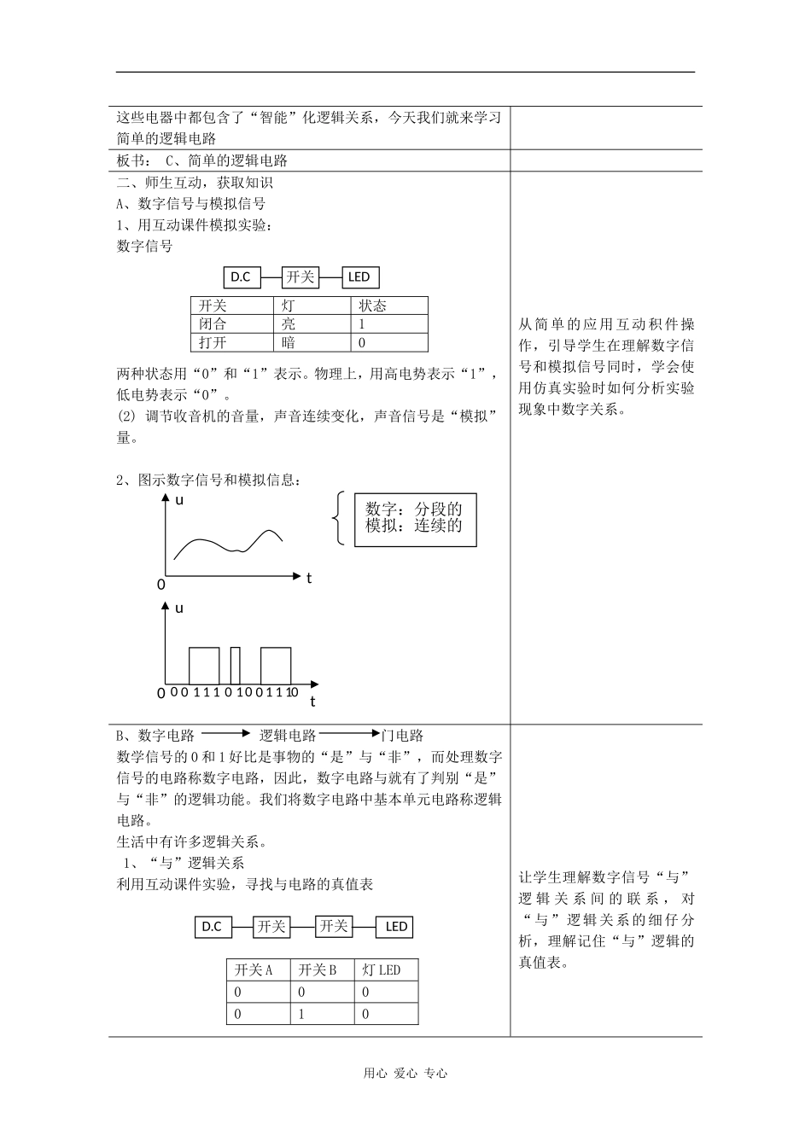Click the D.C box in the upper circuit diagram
point(242,277)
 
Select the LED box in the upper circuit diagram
point(359,277)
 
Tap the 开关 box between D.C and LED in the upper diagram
point(300,277)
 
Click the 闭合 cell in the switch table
point(213,324)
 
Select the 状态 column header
point(372,306)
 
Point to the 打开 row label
point(213,342)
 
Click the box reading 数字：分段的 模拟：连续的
point(415,519)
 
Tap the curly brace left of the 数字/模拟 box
point(339,518)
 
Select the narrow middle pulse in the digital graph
point(236,665)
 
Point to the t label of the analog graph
point(309,578)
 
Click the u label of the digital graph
point(179,608)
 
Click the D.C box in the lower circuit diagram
point(213,927)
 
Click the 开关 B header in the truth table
point(318,970)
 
